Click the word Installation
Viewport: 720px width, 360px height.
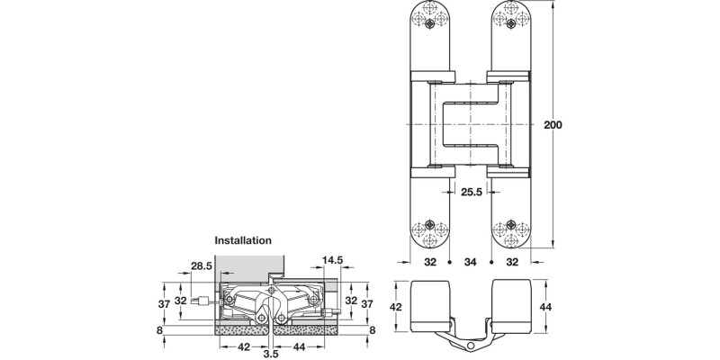click(x=242, y=241)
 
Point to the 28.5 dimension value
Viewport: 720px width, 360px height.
click(x=201, y=265)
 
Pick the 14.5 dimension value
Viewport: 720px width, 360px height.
click(x=333, y=261)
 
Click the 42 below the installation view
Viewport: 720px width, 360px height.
click(x=244, y=346)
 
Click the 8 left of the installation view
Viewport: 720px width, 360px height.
click(x=161, y=330)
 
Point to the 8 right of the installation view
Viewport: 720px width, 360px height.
click(x=371, y=330)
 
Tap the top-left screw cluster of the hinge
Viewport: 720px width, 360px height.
click(x=429, y=17)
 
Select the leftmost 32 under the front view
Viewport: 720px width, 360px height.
click(x=430, y=263)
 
